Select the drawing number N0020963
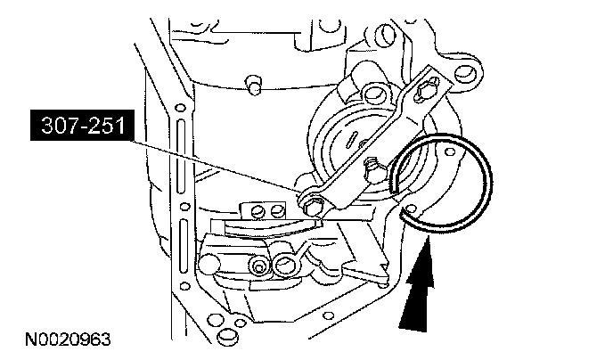69,340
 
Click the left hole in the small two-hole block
258,211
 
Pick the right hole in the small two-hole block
276,210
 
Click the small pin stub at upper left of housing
254,83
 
